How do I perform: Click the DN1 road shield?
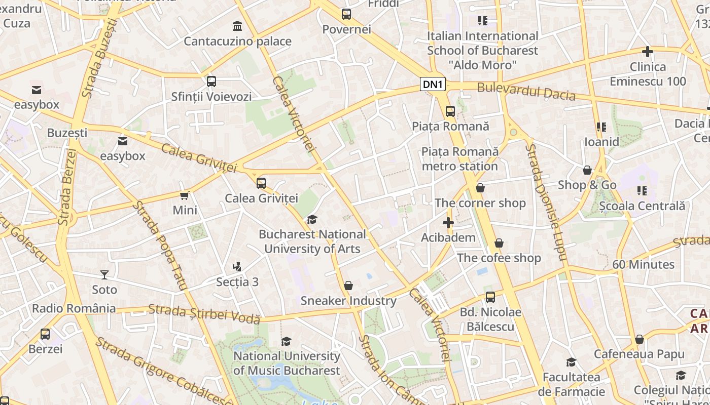pos(433,85)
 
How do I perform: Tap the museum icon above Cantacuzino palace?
pos(237,26)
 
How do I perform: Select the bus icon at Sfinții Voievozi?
pos(211,81)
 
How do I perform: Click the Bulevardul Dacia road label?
pos(526,91)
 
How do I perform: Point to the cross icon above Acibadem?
pos(448,222)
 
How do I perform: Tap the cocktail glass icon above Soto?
pos(104,274)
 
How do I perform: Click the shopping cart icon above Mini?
pos(185,195)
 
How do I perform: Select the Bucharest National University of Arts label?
pos(312,241)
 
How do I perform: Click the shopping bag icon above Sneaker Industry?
pos(348,286)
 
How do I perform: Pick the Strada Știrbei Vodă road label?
pos(204,313)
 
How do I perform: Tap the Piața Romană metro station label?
pos(460,158)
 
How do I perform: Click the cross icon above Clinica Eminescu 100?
pos(648,52)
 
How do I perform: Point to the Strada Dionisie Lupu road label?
pos(545,201)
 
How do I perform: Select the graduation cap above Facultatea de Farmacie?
pos(571,362)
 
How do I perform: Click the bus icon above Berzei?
pos(45,334)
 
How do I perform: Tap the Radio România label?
pos(74,308)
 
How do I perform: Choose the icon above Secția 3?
pos(237,266)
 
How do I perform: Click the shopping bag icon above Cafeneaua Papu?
pos(640,339)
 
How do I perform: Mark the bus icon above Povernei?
pos(346,14)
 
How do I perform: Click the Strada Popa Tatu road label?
pos(159,245)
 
